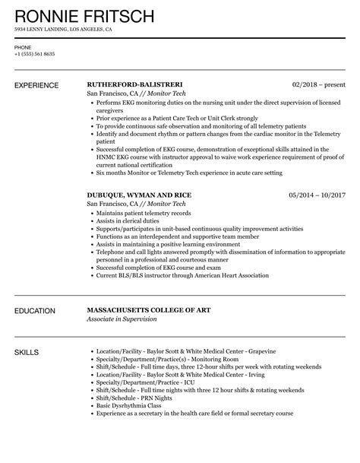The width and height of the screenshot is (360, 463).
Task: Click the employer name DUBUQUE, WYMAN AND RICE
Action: point(139,195)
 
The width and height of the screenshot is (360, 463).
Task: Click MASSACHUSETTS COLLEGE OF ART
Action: point(157,310)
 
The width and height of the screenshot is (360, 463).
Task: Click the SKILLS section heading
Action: point(28,353)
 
